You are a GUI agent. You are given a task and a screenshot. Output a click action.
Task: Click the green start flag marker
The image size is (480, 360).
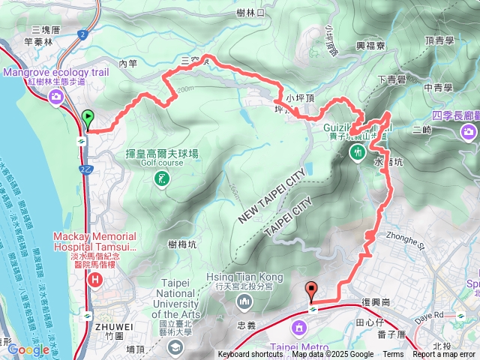[x=88, y=118]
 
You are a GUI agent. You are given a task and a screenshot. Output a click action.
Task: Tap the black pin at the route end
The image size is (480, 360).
[x=311, y=289]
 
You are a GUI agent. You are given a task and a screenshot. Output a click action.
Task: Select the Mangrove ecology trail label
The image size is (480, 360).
[x=56, y=72]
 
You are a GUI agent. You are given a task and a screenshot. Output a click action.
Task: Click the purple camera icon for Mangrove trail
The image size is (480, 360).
[x=55, y=96]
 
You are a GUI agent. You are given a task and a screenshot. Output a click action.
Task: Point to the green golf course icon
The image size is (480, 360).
[x=160, y=178]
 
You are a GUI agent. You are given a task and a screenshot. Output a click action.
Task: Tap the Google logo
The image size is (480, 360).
[x=28, y=349]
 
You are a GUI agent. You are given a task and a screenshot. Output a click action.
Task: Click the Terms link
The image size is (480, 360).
[x=393, y=355]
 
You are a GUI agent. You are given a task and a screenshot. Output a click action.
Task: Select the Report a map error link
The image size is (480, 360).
[x=444, y=355]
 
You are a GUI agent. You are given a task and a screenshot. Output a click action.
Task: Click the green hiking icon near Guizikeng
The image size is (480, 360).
[x=356, y=153]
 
